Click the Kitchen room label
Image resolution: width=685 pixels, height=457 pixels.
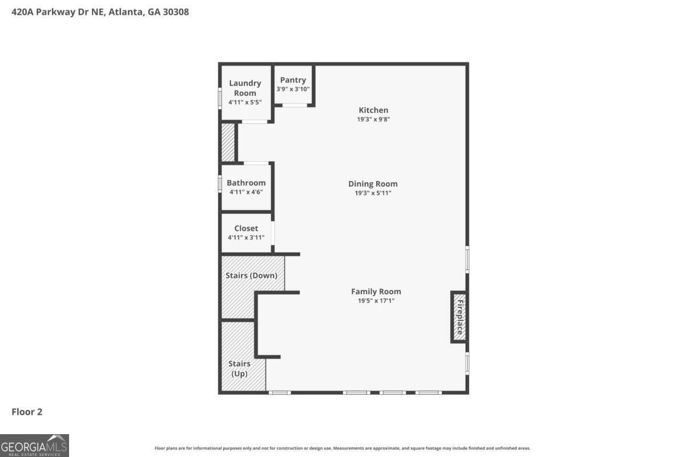(373, 110)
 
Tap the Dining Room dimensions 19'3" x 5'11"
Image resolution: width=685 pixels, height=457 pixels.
(373, 193)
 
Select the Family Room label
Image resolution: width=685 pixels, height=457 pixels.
(376, 291)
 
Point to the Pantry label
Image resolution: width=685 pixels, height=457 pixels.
(293, 80)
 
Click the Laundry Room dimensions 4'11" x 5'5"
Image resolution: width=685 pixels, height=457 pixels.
(245, 102)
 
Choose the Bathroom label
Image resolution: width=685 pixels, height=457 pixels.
(246, 183)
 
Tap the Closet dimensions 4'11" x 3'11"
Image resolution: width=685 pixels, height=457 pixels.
(246, 238)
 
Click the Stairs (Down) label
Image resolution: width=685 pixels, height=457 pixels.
(251, 275)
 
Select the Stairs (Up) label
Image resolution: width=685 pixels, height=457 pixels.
(239, 368)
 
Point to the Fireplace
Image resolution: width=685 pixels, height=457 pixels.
(460, 317)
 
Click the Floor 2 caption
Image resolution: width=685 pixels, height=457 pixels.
(27, 412)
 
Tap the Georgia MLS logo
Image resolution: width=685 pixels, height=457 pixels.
(34, 446)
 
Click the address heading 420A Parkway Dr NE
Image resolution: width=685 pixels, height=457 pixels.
(59, 12)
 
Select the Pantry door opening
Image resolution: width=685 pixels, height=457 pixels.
(295, 105)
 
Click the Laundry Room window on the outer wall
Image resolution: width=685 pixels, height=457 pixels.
(220, 98)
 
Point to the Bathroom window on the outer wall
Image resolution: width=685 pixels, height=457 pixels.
(220, 184)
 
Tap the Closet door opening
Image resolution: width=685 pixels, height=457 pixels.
(272, 233)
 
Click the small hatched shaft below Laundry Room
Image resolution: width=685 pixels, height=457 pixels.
(228, 142)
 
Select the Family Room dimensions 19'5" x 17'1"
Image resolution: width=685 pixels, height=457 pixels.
(376, 301)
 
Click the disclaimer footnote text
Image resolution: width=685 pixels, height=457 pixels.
(342, 448)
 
